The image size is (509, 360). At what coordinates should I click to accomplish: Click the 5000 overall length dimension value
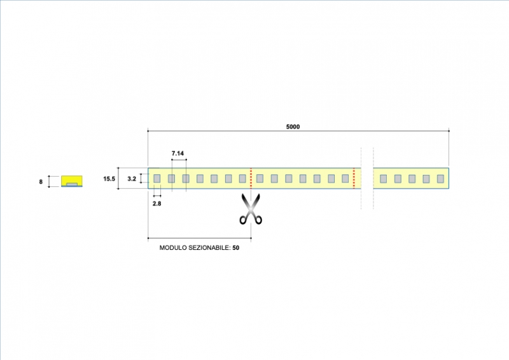pyautogui.click(x=293, y=127)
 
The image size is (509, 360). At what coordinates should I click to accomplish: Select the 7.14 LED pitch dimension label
pyautogui.click(x=178, y=154)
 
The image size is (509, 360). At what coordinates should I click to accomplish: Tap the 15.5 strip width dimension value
pyautogui.click(x=109, y=179)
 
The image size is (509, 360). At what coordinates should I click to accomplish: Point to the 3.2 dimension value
pyautogui.click(x=132, y=179)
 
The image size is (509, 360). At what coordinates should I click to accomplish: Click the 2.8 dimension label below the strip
pyautogui.click(x=157, y=204)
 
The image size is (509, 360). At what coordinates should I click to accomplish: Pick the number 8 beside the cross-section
pyautogui.click(x=41, y=182)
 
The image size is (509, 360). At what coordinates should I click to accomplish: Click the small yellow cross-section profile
pyautogui.click(x=72, y=181)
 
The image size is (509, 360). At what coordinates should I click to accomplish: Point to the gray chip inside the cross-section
pyautogui.click(x=72, y=184)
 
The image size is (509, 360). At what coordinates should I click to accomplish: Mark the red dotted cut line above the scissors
pyautogui.click(x=251, y=178)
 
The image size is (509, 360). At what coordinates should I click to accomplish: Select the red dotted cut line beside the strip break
pyautogui.click(x=353, y=178)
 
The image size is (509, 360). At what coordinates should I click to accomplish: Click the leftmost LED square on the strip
pyautogui.click(x=157, y=179)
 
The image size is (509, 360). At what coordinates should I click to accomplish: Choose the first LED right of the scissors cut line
pyautogui.click(x=260, y=179)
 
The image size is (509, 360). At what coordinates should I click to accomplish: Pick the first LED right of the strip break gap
pyautogui.click(x=383, y=179)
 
